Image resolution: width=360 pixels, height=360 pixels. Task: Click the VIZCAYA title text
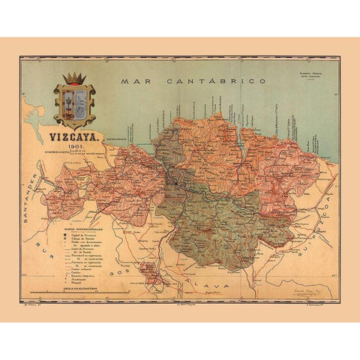tap(71, 137)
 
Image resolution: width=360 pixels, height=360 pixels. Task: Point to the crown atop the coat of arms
tap(73, 79)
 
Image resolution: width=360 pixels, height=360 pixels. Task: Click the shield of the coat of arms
tap(73, 106)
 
